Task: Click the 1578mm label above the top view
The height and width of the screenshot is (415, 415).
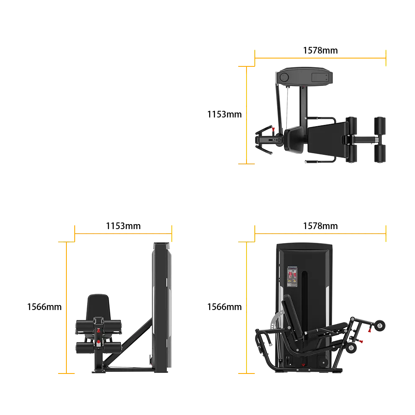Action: coord(320,50)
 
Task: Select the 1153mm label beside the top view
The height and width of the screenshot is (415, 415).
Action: coord(224,115)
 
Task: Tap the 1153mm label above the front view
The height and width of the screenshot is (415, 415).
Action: coord(123,226)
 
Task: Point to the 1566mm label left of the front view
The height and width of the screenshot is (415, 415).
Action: coord(44,307)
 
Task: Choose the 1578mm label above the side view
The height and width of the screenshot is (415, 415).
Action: coord(320,226)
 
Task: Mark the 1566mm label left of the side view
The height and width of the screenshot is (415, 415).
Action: coord(224,307)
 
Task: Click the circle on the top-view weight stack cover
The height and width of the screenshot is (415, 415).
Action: coord(284,77)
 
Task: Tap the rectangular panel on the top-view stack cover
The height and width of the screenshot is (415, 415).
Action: coord(320,78)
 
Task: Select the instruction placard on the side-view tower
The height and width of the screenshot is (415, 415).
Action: coord(292,277)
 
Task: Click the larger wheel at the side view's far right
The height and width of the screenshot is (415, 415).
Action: coord(380,325)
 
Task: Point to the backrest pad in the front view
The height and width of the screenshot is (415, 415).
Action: coord(98,307)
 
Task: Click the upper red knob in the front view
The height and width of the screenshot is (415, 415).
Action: coord(98,331)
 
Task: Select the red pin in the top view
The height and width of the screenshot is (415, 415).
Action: coord(273,129)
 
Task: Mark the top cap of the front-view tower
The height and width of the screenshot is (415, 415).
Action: coord(161,245)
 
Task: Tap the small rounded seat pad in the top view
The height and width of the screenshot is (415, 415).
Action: coord(294,139)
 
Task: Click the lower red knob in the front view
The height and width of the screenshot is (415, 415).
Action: coord(98,342)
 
